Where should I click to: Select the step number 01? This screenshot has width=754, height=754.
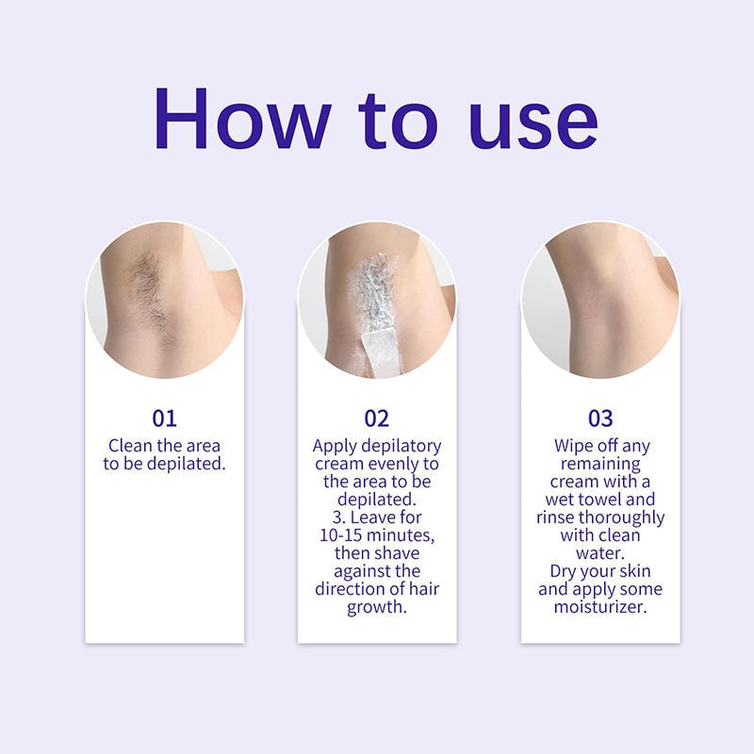coord(164,418)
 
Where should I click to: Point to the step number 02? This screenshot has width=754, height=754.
coord(377,418)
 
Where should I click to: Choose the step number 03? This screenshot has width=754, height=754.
coord(600,418)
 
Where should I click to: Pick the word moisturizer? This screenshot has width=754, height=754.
coord(600,607)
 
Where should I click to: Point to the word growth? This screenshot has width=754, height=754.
coord(377,607)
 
